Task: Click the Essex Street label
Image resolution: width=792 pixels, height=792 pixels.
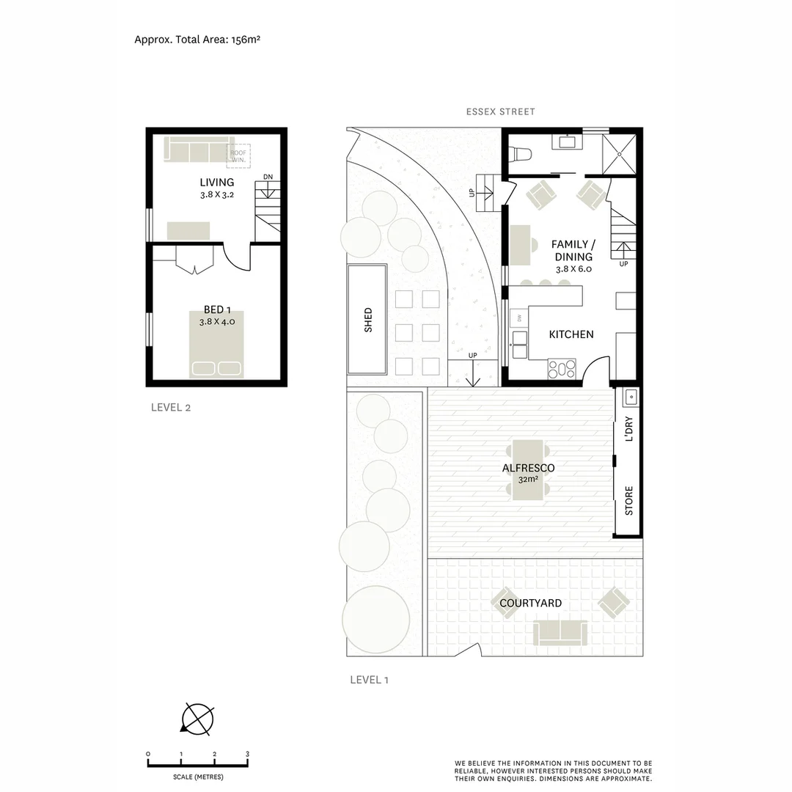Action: (x=501, y=111)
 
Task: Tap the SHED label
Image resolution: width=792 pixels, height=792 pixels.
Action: (x=368, y=320)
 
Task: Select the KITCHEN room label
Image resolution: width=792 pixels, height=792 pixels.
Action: (x=571, y=334)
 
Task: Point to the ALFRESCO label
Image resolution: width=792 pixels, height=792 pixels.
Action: (x=528, y=468)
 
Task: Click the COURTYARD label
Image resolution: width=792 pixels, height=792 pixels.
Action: (x=530, y=604)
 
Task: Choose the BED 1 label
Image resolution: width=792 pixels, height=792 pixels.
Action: (x=216, y=310)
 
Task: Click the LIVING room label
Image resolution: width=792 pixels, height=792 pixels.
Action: (x=216, y=182)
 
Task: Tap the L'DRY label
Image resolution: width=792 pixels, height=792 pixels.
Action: (x=628, y=430)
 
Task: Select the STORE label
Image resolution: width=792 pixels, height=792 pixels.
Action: (x=628, y=500)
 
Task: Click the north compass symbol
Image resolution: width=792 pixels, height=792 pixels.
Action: (x=197, y=719)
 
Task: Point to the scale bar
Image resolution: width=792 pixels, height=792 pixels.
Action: (x=197, y=764)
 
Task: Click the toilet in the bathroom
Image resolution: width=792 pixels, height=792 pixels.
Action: (x=520, y=154)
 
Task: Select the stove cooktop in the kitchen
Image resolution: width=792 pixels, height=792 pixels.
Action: (x=562, y=369)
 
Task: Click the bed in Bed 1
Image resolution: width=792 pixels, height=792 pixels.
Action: (x=216, y=345)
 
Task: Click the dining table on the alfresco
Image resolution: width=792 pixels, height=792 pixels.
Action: (x=528, y=469)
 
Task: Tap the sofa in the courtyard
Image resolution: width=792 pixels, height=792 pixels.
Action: (x=560, y=632)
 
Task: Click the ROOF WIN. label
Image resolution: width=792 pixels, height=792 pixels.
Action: (x=238, y=155)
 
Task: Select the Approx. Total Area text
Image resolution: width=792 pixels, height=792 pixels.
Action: (x=197, y=40)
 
